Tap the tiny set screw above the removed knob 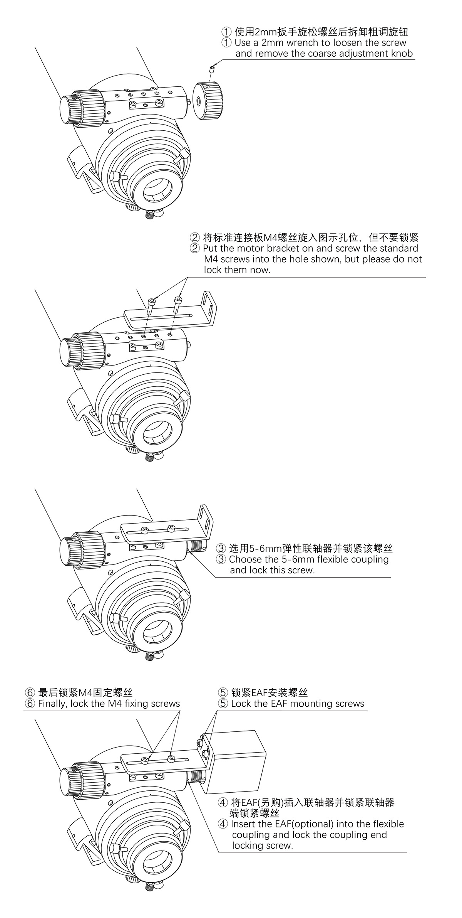click(x=211, y=69)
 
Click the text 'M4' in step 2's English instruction click(x=211, y=259)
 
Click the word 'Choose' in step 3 click(x=244, y=559)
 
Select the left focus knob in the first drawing click(x=82, y=108)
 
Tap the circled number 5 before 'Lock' click(x=223, y=704)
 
